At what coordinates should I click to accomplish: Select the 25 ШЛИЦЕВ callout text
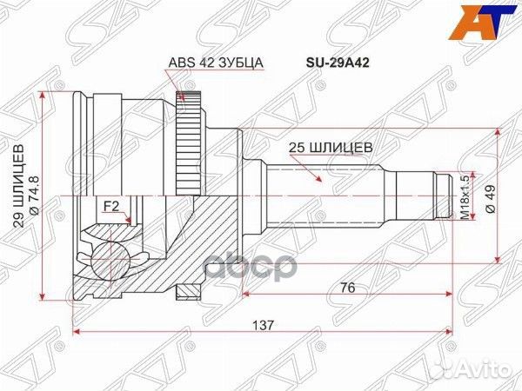pyautogui.click(x=331, y=148)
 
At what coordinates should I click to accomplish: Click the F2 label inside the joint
pyautogui.click(x=110, y=205)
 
